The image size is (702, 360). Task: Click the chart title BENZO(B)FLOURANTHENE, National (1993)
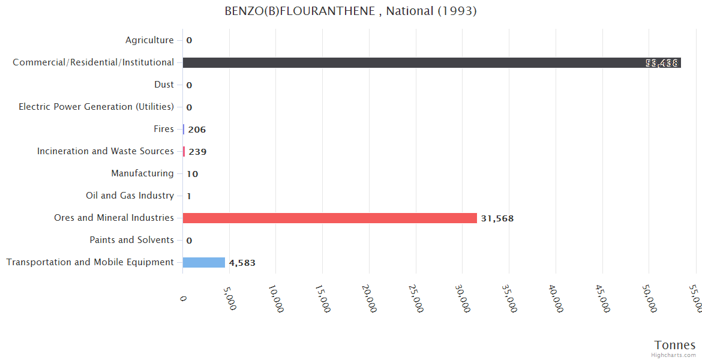coord(350,11)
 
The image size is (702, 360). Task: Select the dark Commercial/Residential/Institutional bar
coord(431,62)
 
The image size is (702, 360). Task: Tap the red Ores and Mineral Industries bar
coord(329,218)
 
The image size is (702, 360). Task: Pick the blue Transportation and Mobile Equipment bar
coord(204,262)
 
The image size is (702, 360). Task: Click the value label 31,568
coord(497,218)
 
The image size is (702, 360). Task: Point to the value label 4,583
coord(242,263)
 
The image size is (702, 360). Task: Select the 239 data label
coord(197,152)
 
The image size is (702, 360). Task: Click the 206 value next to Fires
coord(197,130)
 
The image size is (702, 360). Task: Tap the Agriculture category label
coord(149,40)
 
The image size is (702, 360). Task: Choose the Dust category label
coord(164,85)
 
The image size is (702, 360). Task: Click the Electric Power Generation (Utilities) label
coord(96,107)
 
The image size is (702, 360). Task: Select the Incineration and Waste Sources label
coord(106,151)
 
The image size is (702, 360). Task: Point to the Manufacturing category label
coord(142,173)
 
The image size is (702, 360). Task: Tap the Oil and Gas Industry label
coord(130,196)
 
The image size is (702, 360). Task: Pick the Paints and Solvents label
coord(131,240)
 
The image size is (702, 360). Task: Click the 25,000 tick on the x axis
coord(415,298)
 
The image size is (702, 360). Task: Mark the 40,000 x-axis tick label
coord(554,298)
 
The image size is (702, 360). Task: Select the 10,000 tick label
coord(275,298)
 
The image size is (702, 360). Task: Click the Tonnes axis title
coord(674,345)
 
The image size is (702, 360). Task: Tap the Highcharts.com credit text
coord(674,355)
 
